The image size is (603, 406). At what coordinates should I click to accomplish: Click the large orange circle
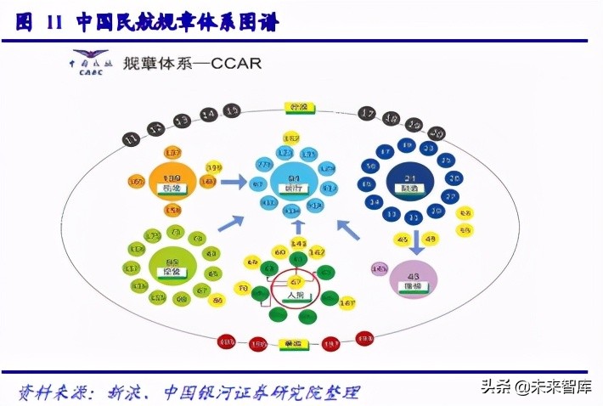click(x=172, y=181)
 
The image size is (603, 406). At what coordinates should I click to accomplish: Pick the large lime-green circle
click(x=172, y=264)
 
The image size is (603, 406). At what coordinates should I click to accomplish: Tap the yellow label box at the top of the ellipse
click(x=298, y=108)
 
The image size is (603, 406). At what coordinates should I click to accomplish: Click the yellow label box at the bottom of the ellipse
click(x=291, y=344)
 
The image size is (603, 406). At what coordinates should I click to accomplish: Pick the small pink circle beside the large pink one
click(x=378, y=269)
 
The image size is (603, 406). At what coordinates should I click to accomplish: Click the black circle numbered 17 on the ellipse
click(x=367, y=113)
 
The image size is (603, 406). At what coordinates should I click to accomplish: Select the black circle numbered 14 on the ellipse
click(x=209, y=114)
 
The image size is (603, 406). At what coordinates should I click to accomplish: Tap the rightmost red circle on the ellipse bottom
click(x=364, y=338)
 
